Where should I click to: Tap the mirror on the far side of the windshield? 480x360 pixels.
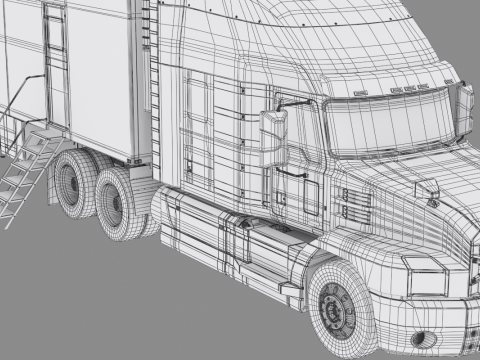[x=464, y=110]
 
